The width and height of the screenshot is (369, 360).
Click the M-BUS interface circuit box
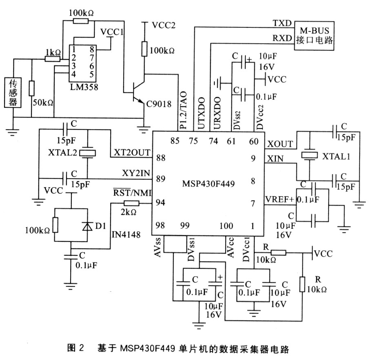pos(314,36)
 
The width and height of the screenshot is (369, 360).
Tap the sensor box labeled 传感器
pos(13,93)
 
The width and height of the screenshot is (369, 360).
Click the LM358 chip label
pos(84,87)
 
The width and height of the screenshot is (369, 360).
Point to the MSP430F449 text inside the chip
pos(208,183)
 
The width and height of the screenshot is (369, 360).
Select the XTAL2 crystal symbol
pos(87,153)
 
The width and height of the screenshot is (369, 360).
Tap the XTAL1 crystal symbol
pos(309,155)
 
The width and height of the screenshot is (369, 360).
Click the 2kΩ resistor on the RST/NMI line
pos(131,203)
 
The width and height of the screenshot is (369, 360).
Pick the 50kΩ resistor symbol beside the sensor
pos(31,88)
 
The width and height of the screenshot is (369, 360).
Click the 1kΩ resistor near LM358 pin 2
pos(53,59)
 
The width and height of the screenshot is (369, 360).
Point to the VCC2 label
pos(164,25)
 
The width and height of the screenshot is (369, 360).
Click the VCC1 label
pos(112,32)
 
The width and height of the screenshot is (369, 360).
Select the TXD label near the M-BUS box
pos(282,23)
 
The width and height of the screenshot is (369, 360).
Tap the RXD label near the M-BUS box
pos(282,38)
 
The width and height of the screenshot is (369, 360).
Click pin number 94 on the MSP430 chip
pos(160,202)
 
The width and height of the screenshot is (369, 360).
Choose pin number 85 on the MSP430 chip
pos(175,141)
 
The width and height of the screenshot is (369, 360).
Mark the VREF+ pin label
pos(280,199)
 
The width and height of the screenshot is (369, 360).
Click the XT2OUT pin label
pos(132,153)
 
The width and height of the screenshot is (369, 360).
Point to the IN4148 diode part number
pos(126,235)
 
